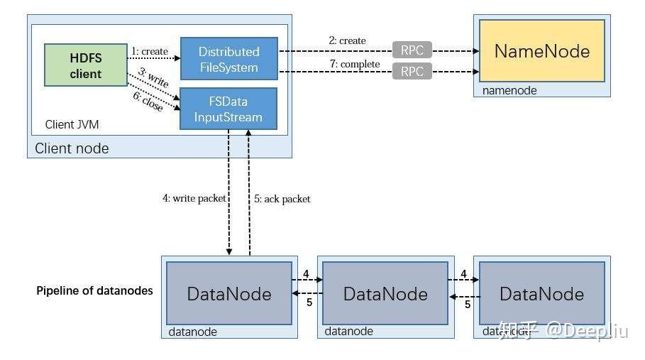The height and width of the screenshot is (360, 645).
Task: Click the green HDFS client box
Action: point(85,65)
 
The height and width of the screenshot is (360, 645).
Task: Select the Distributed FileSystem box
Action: point(228,60)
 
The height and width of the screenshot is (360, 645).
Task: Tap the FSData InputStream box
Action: point(228,109)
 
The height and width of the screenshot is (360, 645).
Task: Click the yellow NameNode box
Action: point(541,51)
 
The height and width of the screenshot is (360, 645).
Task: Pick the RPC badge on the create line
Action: point(412,50)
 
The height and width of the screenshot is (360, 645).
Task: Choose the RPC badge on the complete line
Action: point(412,71)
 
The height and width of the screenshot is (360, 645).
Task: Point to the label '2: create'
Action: point(347,40)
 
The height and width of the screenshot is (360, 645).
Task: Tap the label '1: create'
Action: point(150,51)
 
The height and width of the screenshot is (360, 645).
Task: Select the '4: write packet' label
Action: point(194,199)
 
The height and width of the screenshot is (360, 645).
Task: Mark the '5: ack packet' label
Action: point(282,200)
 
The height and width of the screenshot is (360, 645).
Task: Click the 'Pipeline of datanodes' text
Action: point(94,290)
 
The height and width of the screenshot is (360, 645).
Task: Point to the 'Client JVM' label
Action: point(72,124)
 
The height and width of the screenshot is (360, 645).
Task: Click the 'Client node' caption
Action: point(72,148)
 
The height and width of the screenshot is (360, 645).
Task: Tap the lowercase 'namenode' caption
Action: point(509,90)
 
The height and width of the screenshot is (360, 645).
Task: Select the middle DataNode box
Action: point(385,294)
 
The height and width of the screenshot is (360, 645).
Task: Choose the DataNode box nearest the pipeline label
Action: point(229,294)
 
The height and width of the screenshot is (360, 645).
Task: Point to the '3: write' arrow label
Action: point(153,78)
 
